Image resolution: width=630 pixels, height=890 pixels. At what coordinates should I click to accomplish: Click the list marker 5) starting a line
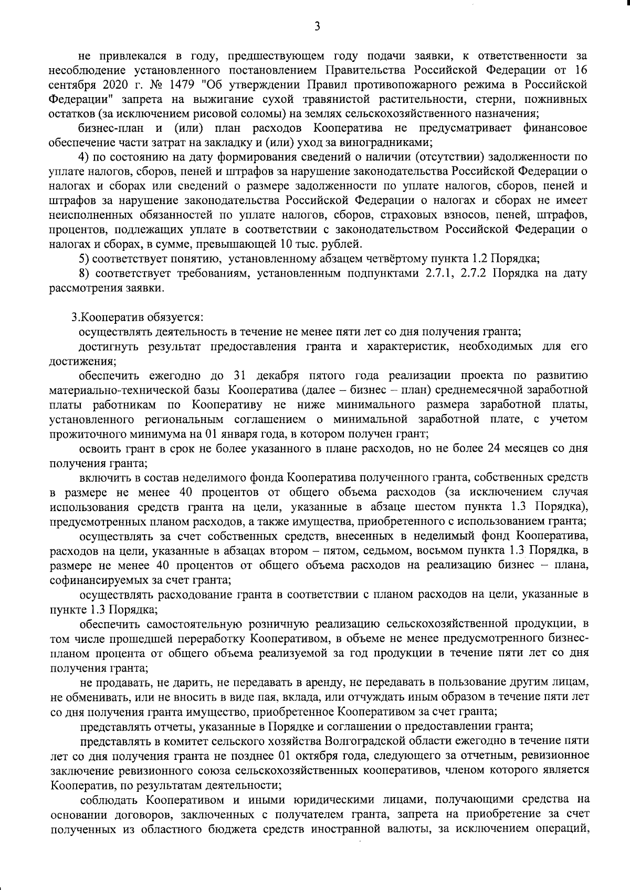pyautogui.click(x=85, y=259)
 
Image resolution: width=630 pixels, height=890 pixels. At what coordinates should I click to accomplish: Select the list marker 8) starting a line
pyautogui.click(x=85, y=273)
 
